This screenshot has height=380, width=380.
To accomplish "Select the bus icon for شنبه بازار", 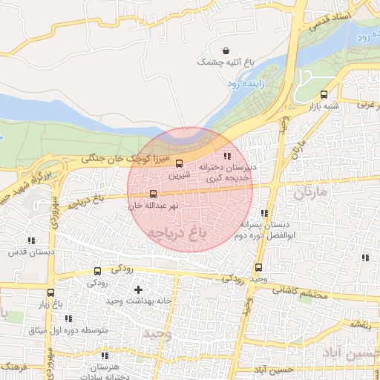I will [323, 94].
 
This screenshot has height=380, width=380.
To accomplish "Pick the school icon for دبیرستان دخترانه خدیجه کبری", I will [227, 156].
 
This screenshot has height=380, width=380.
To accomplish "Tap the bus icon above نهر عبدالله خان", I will [154, 194].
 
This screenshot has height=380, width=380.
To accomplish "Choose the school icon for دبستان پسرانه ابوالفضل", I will [264, 213].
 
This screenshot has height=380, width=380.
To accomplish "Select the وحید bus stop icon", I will [258, 267].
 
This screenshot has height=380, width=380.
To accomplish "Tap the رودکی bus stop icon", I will [97, 272].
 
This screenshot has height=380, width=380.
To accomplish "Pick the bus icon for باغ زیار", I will [50, 292].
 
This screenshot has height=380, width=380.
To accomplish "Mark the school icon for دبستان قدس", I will [30, 240].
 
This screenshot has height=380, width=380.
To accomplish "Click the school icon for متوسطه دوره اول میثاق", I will [68, 318].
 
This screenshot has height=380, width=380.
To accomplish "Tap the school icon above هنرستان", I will [104, 356].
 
